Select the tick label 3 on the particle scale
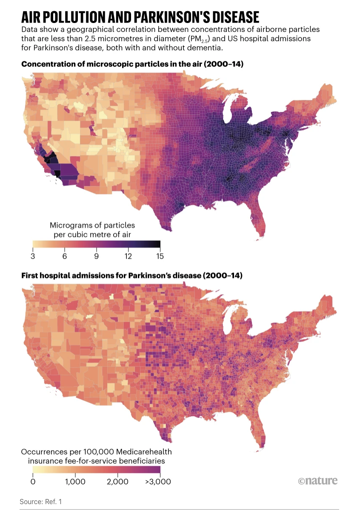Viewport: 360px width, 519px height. (x=33, y=257)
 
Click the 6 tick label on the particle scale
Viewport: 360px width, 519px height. (x=65, y=257)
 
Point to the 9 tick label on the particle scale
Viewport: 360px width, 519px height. (x=97, y=257)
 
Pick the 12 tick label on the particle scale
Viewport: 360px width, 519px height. (x=128, y=257)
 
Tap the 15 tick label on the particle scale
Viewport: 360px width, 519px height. (x=160, y=257)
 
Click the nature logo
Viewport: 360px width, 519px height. (x=317, y=481)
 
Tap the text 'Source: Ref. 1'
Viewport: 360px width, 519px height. (x=41, y=502)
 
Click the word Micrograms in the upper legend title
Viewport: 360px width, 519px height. (x=71, y=225)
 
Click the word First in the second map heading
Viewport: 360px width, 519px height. (x=30, y=276)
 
